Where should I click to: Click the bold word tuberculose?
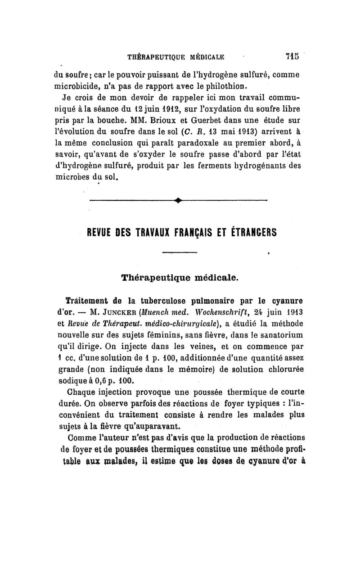pos(153,300)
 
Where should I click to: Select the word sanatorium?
pos(279,335)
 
